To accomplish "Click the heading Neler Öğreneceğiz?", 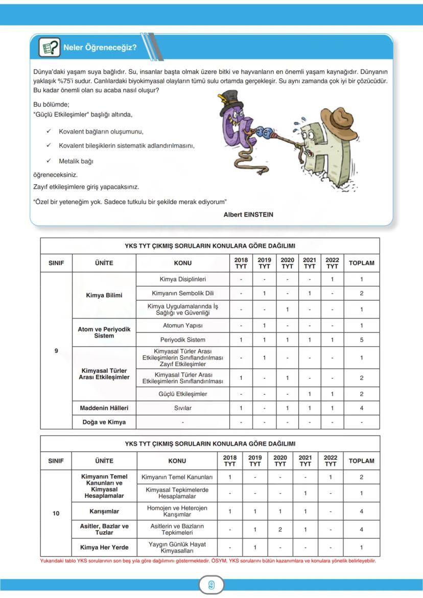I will coord(100,48).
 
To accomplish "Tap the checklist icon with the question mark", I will coord(50,48).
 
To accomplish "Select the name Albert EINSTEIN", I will coord(248,215).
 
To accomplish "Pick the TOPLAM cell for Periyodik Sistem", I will coord(361,340).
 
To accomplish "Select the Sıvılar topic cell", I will coord(182,408).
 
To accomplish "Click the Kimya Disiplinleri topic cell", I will coord(182,279).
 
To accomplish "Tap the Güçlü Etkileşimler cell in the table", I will coord(182,394).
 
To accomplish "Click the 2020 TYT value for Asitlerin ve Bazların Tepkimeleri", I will coord(280,530).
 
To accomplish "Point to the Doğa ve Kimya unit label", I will coord(104,422).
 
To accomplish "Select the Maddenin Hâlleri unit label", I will coord(104,408).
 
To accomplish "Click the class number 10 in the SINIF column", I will coord(56,514).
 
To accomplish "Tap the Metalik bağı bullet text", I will coord(76,161).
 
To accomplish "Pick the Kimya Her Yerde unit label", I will coord(104,547).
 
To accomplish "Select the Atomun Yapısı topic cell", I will coord(182,326).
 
